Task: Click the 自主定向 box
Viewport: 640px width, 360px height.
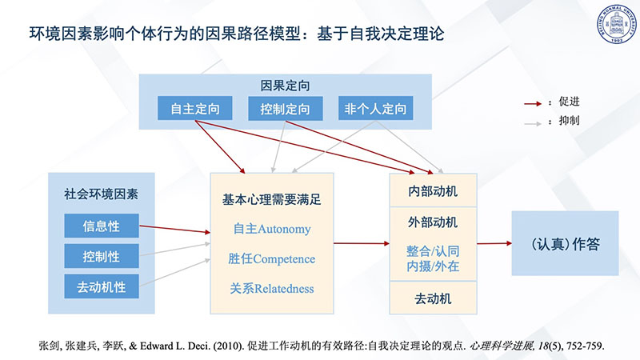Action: (x=195, y=108)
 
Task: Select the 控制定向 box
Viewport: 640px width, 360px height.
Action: (x=286, y=108)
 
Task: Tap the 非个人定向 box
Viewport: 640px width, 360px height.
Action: (x=375, y=108)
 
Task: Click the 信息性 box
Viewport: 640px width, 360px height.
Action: (x=102, y=226)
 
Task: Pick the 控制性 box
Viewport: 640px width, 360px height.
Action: (x=102, y=256)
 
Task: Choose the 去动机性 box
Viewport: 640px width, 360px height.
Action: (x=102, y=286)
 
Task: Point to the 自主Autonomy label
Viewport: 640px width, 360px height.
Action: (x=272, y=229)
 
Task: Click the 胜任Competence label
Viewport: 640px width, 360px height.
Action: (x=272, y=258)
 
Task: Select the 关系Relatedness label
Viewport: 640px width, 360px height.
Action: (x=272, y=289)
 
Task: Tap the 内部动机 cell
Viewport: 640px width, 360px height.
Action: (x=433, y=190)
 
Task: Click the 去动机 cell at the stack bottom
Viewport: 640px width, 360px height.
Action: (x=433, y=298)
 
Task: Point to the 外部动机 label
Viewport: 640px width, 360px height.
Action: (x=433, y=222)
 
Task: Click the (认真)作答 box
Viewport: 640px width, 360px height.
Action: (x=566, y=243)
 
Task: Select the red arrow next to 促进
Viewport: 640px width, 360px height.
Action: (x=533, y=104)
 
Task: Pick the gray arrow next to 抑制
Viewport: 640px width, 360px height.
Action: (x=533, y=123)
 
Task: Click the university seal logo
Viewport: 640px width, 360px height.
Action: (x=617, y=23)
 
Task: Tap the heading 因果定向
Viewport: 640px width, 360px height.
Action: (x=286, y=86)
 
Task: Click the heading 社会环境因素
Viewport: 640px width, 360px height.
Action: (x=102, y=194)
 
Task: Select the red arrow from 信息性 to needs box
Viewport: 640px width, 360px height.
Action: (x=174, y=229)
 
